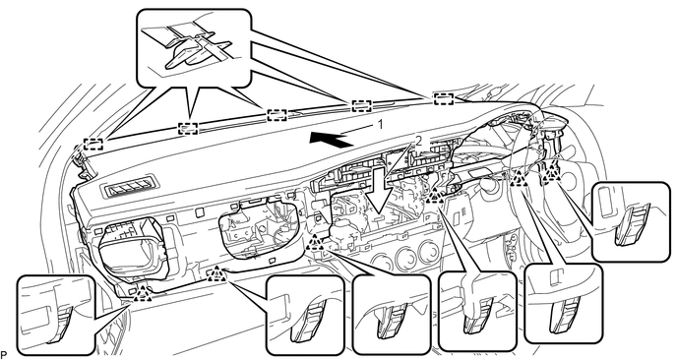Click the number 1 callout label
tap(380, 125)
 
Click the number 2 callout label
tap(417, 141)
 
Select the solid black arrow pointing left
tap(330, 140)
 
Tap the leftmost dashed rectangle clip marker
tap(93, 144)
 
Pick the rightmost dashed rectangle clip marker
tap(443, 98)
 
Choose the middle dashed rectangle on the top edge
tap(277, 115)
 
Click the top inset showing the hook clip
tap(194, 47)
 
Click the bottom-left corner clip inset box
tap(56, 314)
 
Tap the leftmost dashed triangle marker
tap(142, 293)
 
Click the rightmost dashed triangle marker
tap(551, 174)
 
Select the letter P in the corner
tap(4, 355)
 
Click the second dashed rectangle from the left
tap(188, 128)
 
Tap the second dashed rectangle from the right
tap(361, 105)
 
